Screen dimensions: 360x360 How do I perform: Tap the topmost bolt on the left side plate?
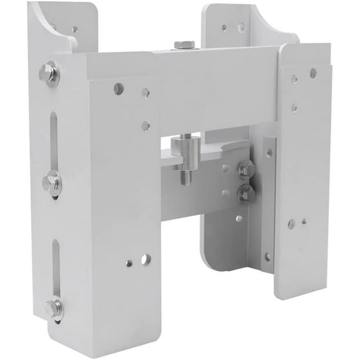[x=48, y=74]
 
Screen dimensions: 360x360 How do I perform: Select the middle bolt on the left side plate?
[x=51, y=182]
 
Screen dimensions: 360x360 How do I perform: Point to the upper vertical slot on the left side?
[x=54, y=141]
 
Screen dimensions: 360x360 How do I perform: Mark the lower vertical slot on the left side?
[x=56, y=268]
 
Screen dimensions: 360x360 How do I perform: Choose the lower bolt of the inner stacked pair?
[x=247, y=194]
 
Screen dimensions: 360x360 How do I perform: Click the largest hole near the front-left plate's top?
[x=119, y=89]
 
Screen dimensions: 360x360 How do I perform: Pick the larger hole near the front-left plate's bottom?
[x=145, y=259]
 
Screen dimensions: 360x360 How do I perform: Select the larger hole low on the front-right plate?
[x=291, y=224]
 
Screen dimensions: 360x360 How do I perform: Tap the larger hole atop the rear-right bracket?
[x=241, y=27]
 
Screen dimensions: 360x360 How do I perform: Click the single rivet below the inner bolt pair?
[x=238, y=218]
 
